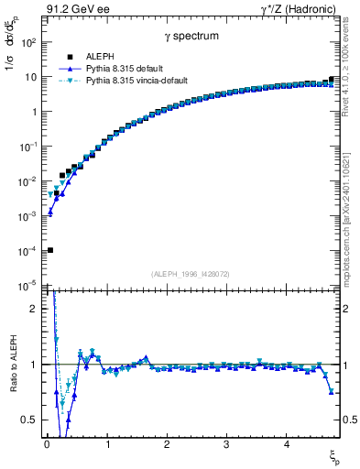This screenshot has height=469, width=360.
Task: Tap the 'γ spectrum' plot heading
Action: [x=191, y=36]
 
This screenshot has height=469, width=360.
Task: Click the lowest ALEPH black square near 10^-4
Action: [x=50, y=250]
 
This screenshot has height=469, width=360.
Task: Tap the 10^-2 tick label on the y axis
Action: [x=28, y=181]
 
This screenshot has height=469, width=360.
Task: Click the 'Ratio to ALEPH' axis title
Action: [x=10, y=365]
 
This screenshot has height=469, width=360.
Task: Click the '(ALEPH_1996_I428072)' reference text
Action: [x=191, y=274]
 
